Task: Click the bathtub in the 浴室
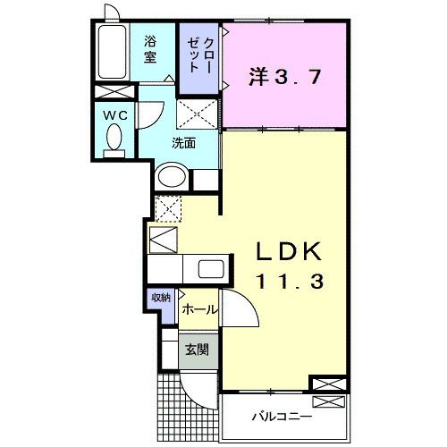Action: tap(112, 52)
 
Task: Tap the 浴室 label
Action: tap(150, 49)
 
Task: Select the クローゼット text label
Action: tap(199, 55)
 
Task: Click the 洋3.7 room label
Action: tap(285, 77)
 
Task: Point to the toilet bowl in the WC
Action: tap(114, 137)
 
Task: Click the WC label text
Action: tap(115, 115)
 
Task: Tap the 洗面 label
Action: tap(183, 143)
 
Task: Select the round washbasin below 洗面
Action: tap(172, 177)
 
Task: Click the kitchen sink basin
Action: tap(211, 269)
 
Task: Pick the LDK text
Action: tap(290, 251)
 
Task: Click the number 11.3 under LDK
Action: tap(290, 282)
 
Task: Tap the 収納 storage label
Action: tap(161, 297)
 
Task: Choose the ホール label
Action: tap(198, 310)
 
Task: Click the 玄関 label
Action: tap(197, 350)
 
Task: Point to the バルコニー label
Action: tap(282, 416)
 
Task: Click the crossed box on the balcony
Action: tap(328, 402)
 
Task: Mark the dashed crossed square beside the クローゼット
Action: tap(197, 114)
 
